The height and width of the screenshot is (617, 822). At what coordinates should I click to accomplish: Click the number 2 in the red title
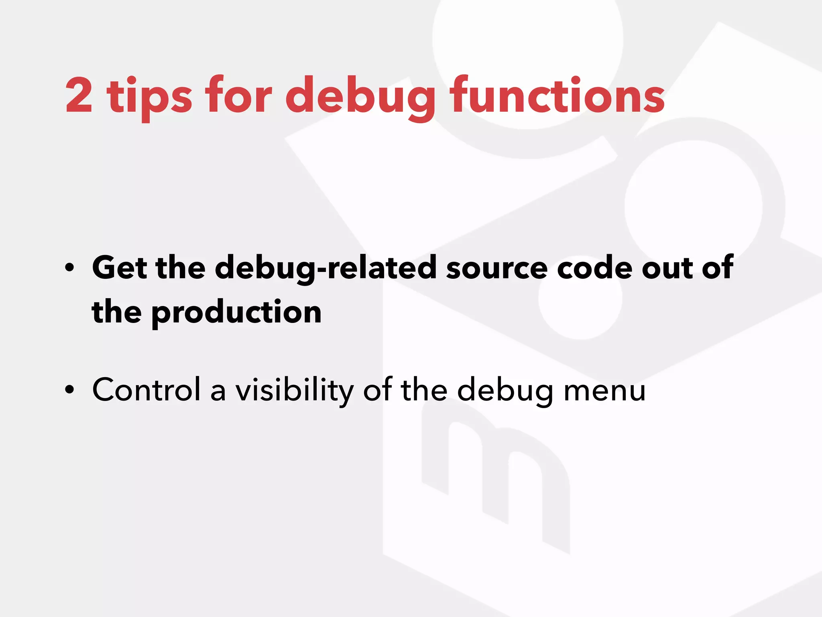79,96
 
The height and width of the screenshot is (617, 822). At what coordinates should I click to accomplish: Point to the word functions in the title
557,96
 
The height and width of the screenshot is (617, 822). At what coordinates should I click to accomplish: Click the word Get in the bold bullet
120,268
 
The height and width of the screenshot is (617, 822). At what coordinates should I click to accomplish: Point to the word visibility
294,390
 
